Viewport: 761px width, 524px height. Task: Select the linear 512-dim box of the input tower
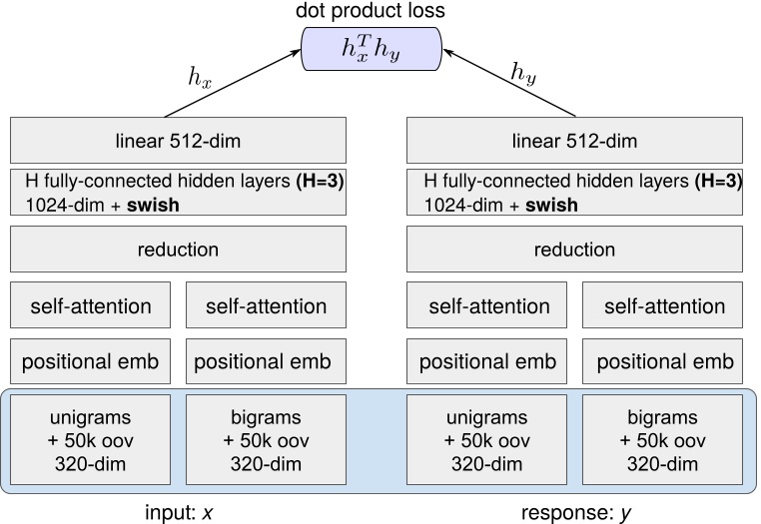point(178,141)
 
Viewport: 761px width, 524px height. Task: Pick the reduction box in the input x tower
point(178,250)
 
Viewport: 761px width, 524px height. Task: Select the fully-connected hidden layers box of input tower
point(178,194)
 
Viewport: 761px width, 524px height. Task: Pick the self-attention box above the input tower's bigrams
point(266,306)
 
